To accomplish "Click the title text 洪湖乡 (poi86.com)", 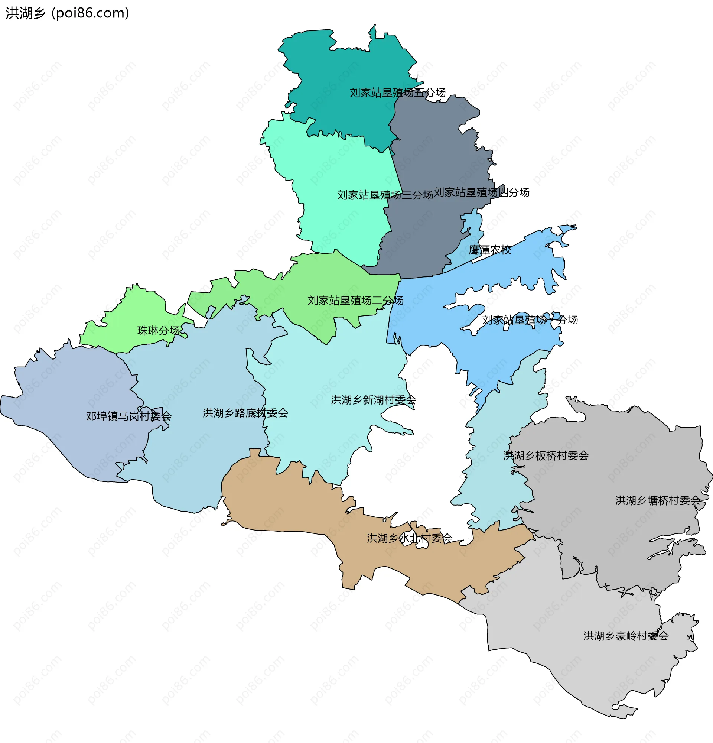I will tap(68, 13).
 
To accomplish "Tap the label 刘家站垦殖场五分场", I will tap(397, 93).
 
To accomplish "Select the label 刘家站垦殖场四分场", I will tap(481, 192).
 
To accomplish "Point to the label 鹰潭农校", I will tap(490, 250).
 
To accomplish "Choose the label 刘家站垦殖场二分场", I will tap(355, 301).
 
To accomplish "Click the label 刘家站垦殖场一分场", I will tap(530, 320).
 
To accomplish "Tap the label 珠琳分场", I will tap(158, 331).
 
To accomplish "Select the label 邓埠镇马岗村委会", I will tap(128, 416).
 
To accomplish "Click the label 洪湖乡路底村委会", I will tap(245, 413).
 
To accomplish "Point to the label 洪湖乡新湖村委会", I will tap(373, 400).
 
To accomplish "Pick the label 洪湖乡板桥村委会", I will tap(546, 456).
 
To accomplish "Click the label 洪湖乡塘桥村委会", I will tap(657, 501).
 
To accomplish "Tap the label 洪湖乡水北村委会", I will tap(409, 538).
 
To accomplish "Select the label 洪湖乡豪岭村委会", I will tap(626, 636).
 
